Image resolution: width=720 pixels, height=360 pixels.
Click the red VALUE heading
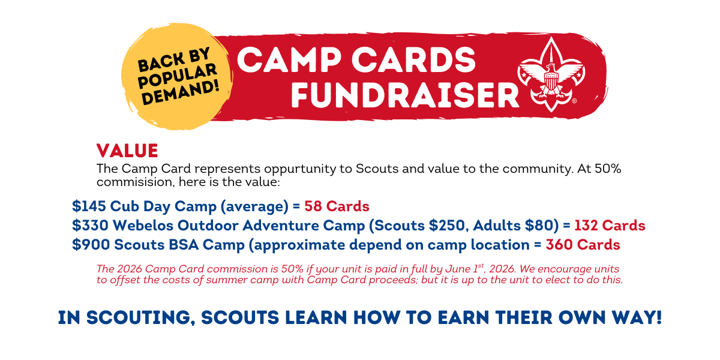tap(127, 151)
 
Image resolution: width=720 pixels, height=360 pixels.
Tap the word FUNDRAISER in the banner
tap(405, 95)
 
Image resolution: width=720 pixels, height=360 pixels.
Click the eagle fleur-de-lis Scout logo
tap(551, 74)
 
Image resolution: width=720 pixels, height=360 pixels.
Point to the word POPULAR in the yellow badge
tap(177, 76)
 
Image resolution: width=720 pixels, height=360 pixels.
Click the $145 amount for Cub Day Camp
tap(89, 206)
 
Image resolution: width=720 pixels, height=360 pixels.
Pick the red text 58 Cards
tap(337, 206)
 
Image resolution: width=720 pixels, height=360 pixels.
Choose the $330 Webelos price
tap(90, 226)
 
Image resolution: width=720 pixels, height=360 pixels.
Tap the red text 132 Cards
tap(610, 226)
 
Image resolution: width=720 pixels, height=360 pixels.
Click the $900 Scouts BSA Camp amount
tap(91, 245)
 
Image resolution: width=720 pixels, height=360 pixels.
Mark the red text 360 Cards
tap(583, 245)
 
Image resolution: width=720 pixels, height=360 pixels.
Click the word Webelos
tap(143, 226)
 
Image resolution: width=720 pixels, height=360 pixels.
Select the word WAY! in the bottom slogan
tap(637, 317)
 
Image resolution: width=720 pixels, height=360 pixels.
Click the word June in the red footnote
tap(458, 269)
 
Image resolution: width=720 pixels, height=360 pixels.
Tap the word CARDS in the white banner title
tap(413, 60)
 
